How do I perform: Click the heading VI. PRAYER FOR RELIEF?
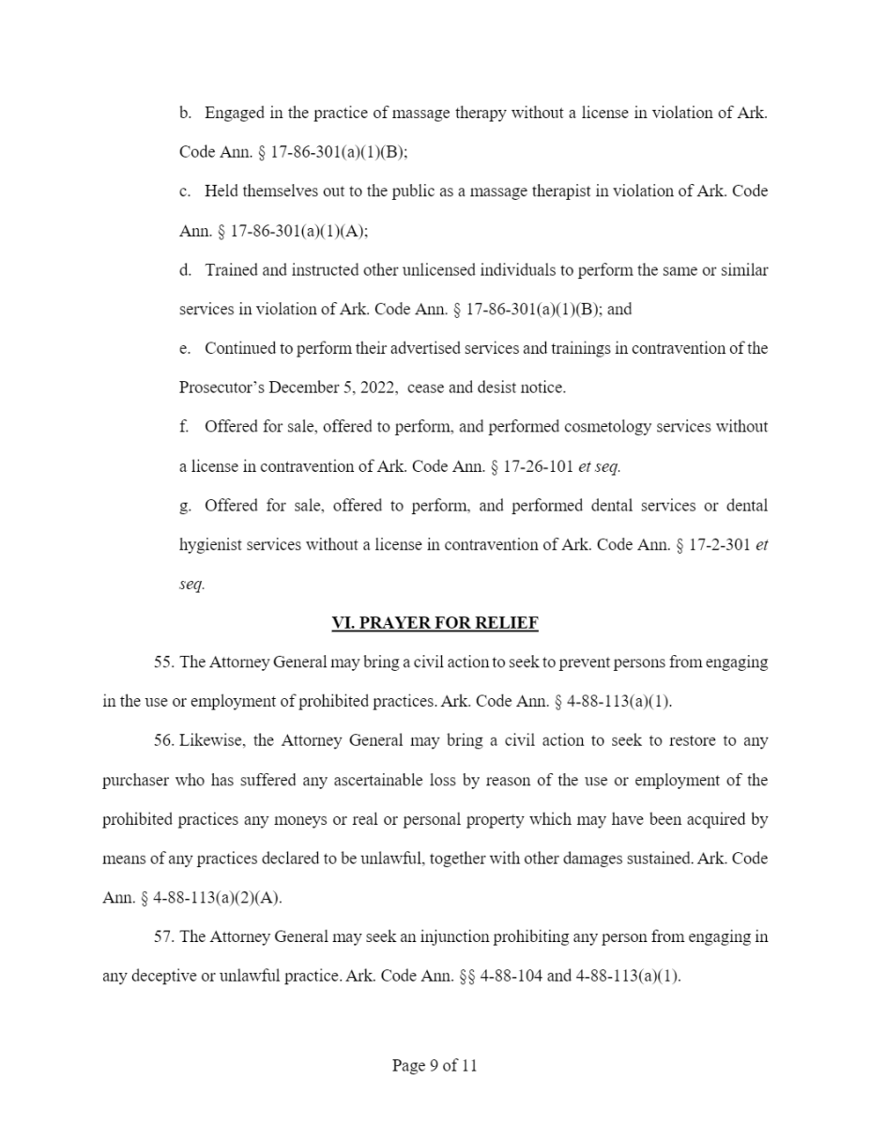pos(435,623)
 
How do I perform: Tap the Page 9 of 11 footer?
pos(435,1065)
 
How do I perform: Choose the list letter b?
pos(185,114)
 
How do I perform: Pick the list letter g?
pos(185,506)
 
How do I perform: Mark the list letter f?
pos(184,427)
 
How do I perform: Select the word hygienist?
pos(209,545)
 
